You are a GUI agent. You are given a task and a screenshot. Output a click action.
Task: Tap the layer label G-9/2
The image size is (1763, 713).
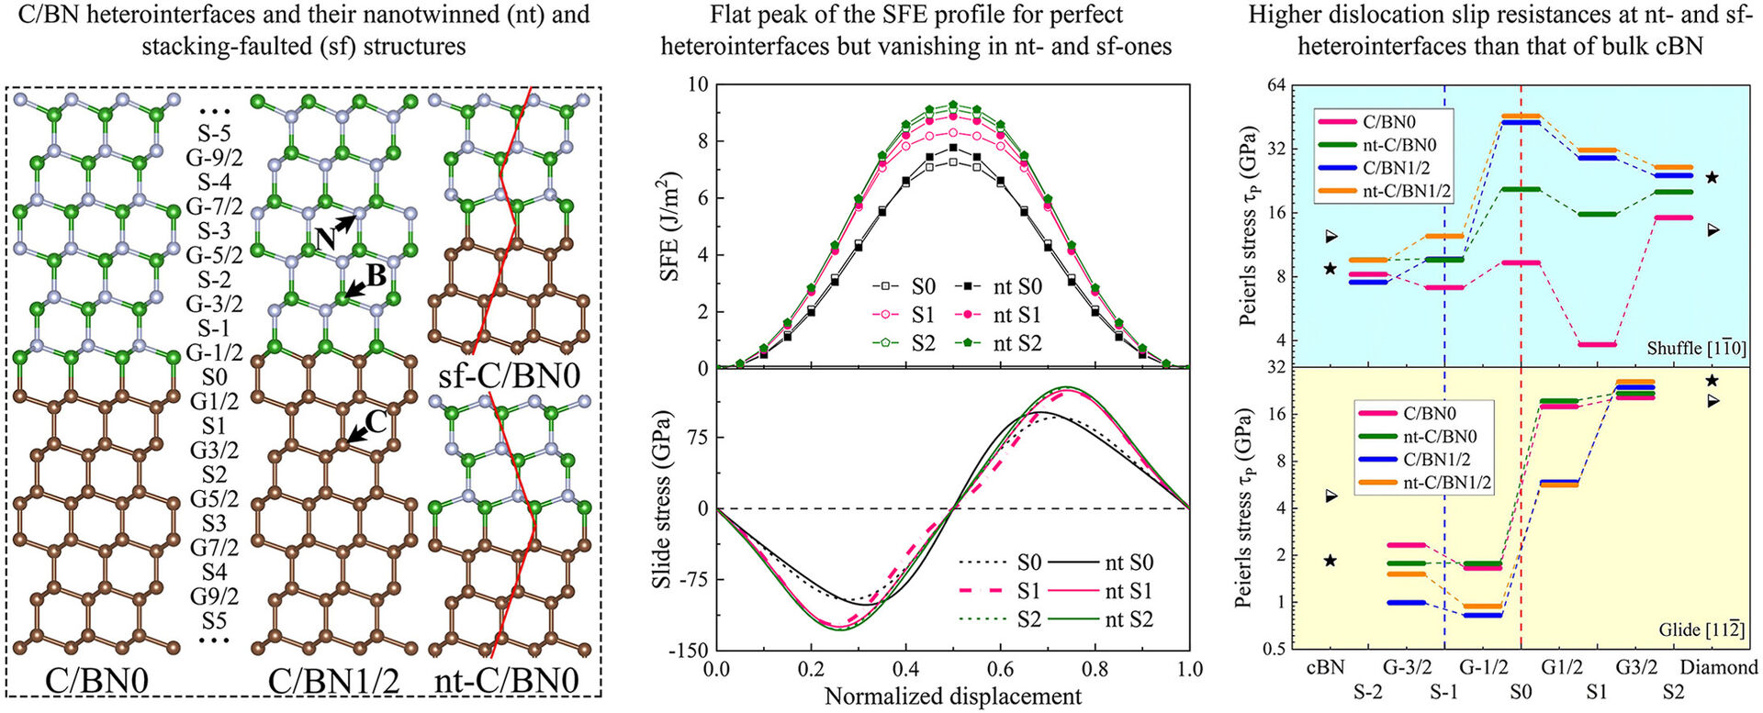(213, 158)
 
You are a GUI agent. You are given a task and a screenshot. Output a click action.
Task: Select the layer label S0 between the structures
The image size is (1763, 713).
(213, 376)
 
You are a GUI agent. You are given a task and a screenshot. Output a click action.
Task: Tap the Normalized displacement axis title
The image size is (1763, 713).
(952, 696)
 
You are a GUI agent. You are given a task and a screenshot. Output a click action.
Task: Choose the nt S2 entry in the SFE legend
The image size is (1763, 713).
(1016, 344)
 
